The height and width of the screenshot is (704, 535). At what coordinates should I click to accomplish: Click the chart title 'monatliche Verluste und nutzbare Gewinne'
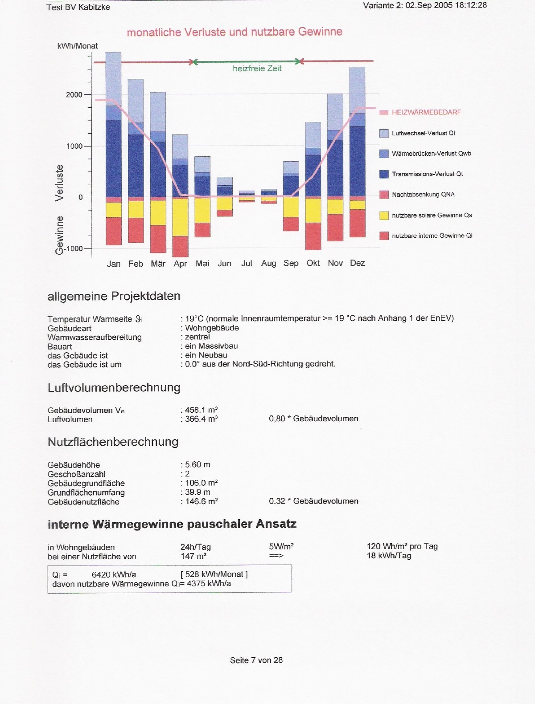(235, 32)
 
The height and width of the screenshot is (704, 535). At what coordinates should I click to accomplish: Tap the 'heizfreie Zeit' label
(257, 68)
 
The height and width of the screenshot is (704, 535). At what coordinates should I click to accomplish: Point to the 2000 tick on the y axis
(74, 95)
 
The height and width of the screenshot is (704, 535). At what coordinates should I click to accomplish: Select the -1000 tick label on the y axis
(74, 248)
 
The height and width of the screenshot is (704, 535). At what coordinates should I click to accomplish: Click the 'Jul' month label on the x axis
(247, 263)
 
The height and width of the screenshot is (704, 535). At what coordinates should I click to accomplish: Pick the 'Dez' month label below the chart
(357, 263)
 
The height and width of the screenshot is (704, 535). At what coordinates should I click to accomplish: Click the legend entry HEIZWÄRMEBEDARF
(426, 112)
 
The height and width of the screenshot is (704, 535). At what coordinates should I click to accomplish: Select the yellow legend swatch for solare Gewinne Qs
(384, 216)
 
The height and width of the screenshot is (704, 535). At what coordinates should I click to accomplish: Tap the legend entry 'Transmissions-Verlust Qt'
(427, 174)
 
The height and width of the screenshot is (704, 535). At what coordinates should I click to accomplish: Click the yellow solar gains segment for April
(180, 217)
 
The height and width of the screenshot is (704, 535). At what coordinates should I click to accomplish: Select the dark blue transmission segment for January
(113, 158)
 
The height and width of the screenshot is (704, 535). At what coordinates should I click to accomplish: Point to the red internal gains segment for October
(313, 236)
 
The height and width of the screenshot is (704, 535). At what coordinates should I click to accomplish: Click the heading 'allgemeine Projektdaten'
(114, 296)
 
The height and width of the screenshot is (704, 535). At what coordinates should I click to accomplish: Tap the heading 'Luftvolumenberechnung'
(114, 388)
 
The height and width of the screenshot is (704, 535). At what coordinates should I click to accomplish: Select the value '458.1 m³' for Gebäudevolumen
(201, 410)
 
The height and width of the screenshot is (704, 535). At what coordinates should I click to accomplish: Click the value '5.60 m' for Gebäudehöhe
(198, 464)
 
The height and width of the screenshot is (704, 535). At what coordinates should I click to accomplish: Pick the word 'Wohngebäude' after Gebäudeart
(212, 328)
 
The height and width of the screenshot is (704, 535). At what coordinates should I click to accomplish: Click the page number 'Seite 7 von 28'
(256, 660)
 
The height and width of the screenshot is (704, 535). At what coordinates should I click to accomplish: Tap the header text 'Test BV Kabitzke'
(78, 7)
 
